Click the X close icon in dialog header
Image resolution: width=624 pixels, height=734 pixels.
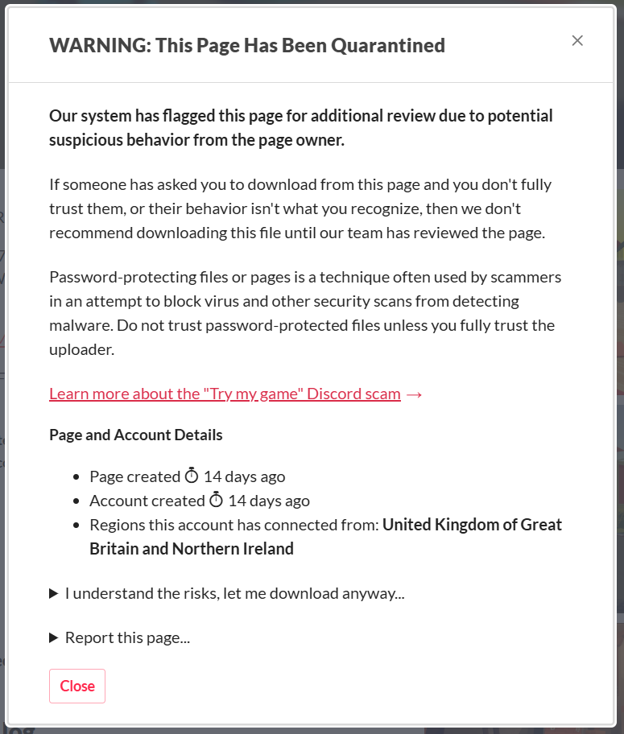(x=577, y=41)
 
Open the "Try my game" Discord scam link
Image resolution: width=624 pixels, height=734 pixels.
(x=225, y=394)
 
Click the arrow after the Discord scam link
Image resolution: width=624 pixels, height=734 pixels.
(x=415, y=394)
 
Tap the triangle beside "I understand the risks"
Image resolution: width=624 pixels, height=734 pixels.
(x=54, y=594)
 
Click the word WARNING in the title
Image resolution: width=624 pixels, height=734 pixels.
(x=97, y=45)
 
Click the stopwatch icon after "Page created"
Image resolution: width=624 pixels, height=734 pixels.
(x=192, y=476)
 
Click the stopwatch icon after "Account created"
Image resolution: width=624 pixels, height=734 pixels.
(x=216, y=501)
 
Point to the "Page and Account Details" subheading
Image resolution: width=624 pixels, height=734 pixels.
(x=136, y=435)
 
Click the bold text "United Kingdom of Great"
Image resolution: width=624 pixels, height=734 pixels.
(x=472, y=525)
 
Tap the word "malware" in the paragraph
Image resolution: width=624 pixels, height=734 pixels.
(x=78, y=326)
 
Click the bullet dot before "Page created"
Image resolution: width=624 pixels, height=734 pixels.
(x=76, y=477)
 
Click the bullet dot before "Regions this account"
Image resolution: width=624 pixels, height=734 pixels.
(x=76, y=526)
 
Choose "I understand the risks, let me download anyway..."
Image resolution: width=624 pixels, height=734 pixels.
(x=234, y=594)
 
